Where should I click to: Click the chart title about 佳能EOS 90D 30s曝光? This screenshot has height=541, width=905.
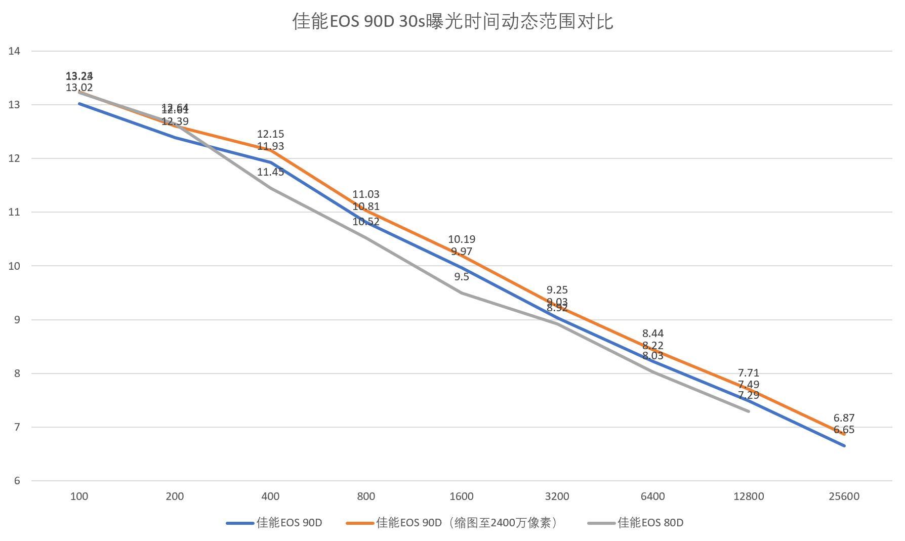[x=452, y=22]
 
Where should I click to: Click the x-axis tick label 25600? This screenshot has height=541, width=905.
[x=844, y=496]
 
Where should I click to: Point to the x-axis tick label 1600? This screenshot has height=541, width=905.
[x=462, y=496]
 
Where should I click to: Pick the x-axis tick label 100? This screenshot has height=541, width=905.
[x=79, y=496]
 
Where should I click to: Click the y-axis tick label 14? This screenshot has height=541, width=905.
[x=14, y=51]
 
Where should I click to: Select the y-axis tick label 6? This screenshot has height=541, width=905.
[x=17, y=481]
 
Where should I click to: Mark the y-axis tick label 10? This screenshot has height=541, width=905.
[x=14, y=266]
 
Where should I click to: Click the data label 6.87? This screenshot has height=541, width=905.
[x=844, y=418]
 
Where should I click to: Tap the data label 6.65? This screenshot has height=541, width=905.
[x=844, y=430]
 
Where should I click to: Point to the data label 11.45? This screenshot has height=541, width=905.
[x=270, y=172]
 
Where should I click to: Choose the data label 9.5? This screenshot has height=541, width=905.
[x=462, y=277]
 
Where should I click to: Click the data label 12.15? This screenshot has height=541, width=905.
[x=270, y=134]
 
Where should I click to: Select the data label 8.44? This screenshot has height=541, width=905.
[x=652, y=334]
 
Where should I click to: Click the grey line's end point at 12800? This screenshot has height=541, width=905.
[x=748, y=411]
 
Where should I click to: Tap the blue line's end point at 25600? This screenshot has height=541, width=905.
[x=844, y=445]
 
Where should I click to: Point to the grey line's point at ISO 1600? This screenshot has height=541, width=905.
[x=462, y=293]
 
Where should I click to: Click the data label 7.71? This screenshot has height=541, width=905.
[x=748, y=373]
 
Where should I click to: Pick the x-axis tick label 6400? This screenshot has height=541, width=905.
[x=652, y=496]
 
